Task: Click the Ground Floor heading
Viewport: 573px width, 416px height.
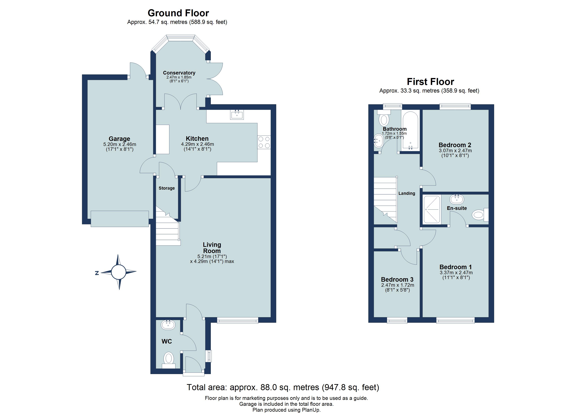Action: (178, 13)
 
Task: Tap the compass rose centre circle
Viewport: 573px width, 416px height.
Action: (118, 272)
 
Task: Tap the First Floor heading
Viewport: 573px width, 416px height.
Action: (430, 82)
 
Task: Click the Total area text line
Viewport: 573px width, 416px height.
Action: (283, 387)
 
